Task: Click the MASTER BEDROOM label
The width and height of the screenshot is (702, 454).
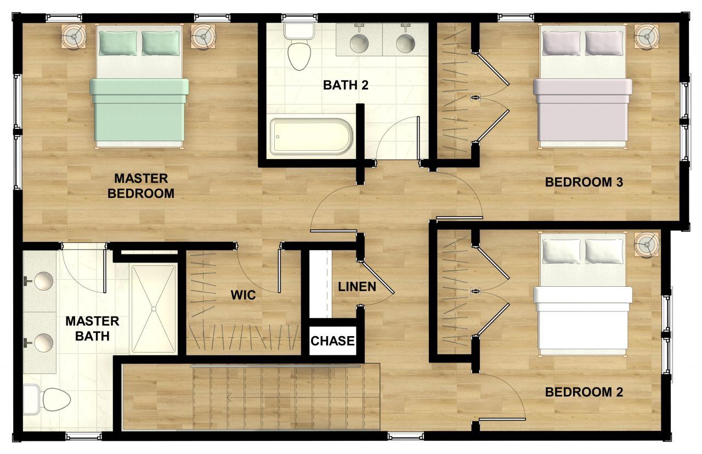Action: pyautogui.click(x=140, y=186)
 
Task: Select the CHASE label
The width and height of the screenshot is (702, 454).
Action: pyautogui.click(x=332, y=341)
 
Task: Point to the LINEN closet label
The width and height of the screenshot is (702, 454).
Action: pyautogui.click(x=357, y=286)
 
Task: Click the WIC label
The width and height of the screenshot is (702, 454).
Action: pyautogui.click(x=243, y=295)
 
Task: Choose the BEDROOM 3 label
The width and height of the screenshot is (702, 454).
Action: pyautogui.click(x=584, y=183)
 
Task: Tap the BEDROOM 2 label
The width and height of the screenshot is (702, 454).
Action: pyautogui.click(x=584, y=392)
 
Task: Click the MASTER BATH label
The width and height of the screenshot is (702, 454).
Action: pyautogui.click(x=92, y=328)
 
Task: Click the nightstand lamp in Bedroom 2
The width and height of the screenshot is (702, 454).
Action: pyautogui.click(x=647, y=244)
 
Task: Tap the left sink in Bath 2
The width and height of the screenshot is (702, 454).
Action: pyautogui.click(x=360, y=41)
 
